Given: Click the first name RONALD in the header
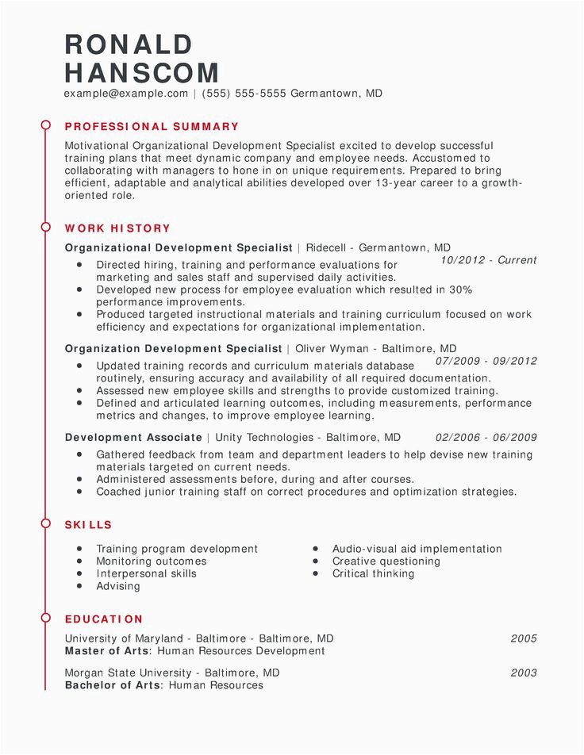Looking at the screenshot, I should [129, 44].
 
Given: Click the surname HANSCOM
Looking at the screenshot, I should [142, 74].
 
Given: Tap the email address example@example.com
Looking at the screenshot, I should [126, 94].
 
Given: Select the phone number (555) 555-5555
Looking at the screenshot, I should [244, 94].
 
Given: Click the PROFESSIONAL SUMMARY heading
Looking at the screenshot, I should [152, 127].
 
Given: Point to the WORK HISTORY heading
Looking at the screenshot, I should [117, 228].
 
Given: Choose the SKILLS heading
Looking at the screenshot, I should [88, 525].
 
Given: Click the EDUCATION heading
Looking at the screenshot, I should [104, 619].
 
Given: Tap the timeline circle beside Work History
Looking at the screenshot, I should [45, 228].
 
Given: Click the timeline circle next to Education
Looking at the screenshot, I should [45, 619].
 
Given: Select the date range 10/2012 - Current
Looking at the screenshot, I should [488, 260].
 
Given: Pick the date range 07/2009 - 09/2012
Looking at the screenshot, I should [486, 361].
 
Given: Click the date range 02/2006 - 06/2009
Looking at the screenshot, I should [486, 438].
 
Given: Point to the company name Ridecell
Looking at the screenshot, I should [327, 247].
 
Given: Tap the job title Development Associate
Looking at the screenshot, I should [133, 438].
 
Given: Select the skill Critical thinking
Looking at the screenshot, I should [373, 573].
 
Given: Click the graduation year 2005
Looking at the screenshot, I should [524, 638].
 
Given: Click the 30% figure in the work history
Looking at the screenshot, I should [460, 290].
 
